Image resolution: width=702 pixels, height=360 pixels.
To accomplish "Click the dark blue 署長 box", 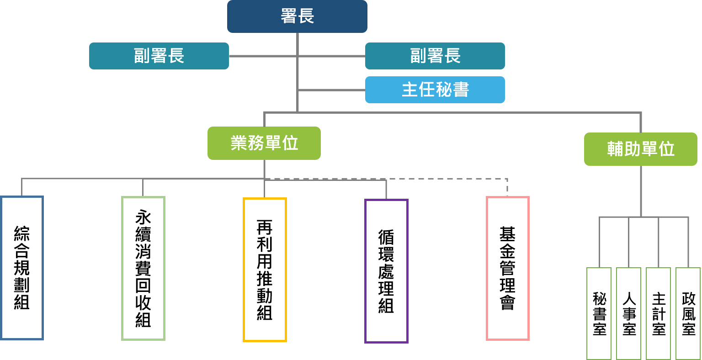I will (297, 16).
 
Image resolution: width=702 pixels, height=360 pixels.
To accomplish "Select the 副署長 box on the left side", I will (159, 56).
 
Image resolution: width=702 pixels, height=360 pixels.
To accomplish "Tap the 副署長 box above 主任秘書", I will (435, 56).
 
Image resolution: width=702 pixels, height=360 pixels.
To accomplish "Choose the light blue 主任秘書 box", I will (435, 90).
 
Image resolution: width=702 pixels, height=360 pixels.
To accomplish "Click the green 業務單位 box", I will (264, 143).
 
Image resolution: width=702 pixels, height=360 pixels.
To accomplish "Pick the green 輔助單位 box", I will (640, 149).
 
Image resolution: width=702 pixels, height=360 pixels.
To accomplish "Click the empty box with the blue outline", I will (22, 268).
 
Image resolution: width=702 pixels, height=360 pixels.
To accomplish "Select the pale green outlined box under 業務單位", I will (143, 269).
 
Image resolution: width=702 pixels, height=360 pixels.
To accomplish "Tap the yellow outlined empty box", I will (265, 270).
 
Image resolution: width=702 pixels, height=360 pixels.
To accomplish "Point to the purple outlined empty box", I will (386, 271).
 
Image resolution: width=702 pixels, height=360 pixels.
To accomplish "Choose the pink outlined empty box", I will (507, 269).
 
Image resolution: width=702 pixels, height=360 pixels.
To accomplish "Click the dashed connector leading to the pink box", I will (448, 178).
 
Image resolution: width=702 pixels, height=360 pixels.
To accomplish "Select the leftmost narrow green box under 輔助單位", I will (599, 313).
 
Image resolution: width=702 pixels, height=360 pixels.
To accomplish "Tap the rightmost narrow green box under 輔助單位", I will (688, 313).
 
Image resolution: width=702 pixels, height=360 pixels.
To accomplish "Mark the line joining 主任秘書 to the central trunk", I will (331, 90).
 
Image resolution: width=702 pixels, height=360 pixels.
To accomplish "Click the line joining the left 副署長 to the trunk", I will (263, 56).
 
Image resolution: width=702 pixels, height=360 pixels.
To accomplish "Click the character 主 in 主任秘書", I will (409, 90).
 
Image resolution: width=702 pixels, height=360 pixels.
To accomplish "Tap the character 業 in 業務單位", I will (239, 143).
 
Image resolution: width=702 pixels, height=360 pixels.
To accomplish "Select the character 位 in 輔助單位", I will (666, 149).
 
